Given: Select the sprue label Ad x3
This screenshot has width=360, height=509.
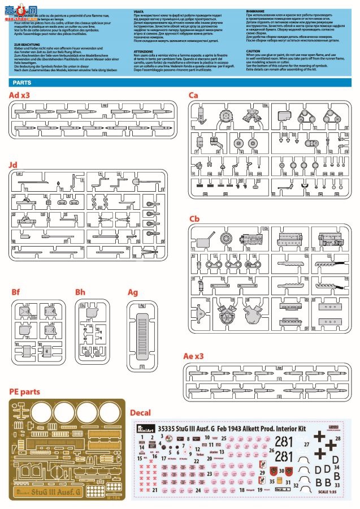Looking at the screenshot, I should [x=19, y=95].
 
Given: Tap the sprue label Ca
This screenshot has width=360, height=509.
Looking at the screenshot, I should [x=193, y=95].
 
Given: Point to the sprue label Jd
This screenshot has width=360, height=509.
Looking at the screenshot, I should [x=13, y=165].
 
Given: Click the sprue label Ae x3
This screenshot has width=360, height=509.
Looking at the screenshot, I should [x=194, y=356].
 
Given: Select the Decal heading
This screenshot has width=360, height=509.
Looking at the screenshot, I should [x=141, y=412].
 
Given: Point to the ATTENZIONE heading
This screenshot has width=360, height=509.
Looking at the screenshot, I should [x=144, y=50].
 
